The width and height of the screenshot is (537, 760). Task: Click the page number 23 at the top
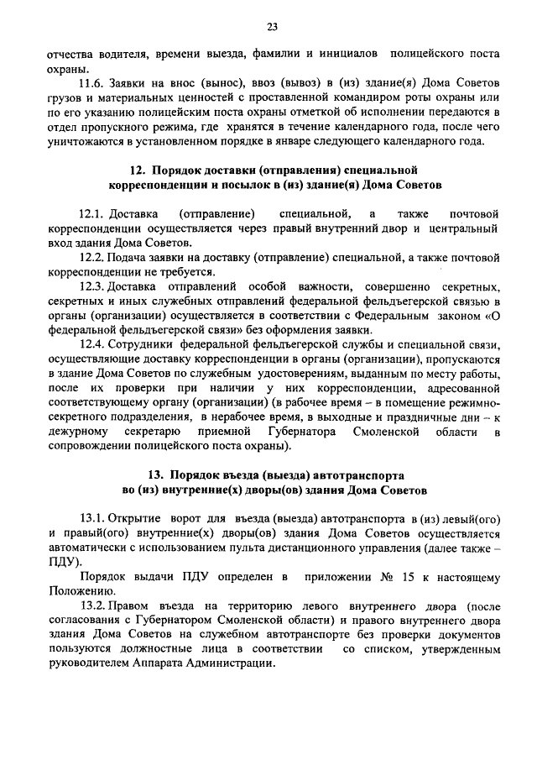click(x=272, y=27)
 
